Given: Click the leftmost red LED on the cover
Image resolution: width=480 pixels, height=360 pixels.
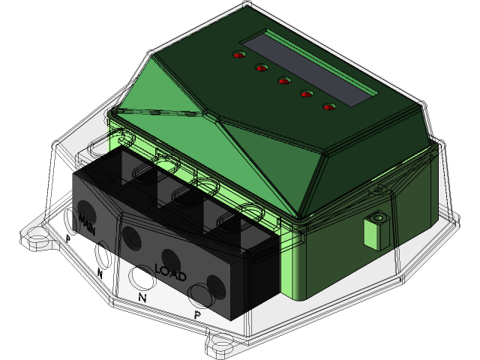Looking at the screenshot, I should coord(239,55).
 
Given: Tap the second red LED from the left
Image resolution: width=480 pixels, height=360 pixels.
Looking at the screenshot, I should coord(262,67).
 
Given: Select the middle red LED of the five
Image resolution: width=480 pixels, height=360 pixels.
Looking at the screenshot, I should coord(284,80).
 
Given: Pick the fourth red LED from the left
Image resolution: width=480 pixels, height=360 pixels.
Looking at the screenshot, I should coord(307,93).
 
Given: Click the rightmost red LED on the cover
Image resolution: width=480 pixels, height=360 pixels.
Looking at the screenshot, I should coord(328,106).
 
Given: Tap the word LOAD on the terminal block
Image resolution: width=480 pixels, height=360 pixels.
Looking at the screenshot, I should coord(170,268).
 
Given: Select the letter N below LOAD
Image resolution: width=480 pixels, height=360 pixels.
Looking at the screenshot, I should coord(142,297).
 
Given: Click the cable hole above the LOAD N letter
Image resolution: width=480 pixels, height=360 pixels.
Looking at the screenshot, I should coord(139,277).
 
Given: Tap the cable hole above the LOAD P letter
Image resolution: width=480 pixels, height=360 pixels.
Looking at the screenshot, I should coord(199,293).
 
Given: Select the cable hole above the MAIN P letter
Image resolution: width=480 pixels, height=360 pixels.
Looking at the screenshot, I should coord(70,220).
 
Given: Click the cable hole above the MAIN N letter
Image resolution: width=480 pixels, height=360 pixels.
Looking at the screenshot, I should coord(103,254).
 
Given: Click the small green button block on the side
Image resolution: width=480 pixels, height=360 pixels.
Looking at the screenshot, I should coord(376,229).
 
